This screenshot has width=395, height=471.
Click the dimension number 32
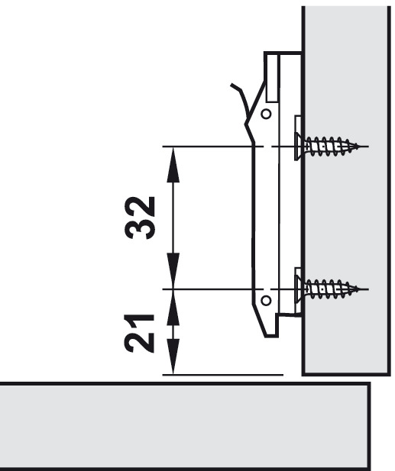(x=140, y=218)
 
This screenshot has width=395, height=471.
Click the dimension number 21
(x=140, y=333)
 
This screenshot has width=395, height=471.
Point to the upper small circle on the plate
(x=266, y=115)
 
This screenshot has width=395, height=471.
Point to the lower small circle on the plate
(x=266, y=300)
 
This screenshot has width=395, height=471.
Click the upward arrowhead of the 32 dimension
(x=173, y=165)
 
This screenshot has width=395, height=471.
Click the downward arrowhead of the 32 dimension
(x=173, y=271)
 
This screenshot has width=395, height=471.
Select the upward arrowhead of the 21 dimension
(x=173, y=308)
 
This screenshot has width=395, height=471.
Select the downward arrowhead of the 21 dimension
(x=173, y=356)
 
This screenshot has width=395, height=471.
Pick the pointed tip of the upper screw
(x=359, y=147)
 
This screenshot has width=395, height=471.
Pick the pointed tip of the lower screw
(x=359, y=289)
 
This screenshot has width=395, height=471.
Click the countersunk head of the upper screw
(x=299, y=147)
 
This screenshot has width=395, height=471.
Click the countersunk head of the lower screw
(x=299, y=289)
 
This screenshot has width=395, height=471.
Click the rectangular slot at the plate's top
(x=272, y=78)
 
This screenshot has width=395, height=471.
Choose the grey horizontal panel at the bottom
(x=185, y=427)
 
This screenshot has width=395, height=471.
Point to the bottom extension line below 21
(x=223, y=375)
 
